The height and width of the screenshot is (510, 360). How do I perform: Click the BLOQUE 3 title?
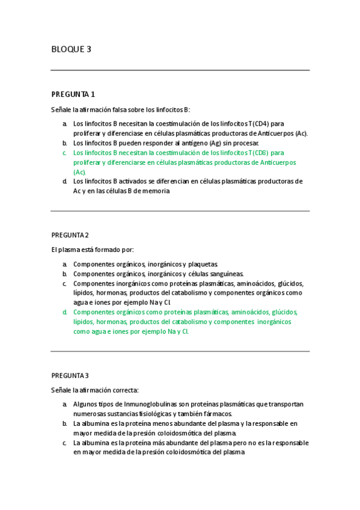pyautogui.click(x=72, y=49)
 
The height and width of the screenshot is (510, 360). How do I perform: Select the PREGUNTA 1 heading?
pyautogui.click(x=73, y=94)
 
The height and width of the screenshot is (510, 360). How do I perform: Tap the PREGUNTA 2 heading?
pyautogui.click(x=70, y=235)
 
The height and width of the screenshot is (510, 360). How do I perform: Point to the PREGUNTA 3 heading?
pyautogui.click(x=70, y=375)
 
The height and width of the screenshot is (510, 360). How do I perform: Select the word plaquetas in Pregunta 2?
pyautogui.click(x=204, y=264)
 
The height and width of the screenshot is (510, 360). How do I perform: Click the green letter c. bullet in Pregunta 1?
pyautogui.click(x=64, y=153)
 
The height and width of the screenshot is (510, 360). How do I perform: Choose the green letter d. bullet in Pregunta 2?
pyautogui.click(x=64, y=312)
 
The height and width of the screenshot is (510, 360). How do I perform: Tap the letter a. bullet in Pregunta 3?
pyautogui.click(x=64, y=404)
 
